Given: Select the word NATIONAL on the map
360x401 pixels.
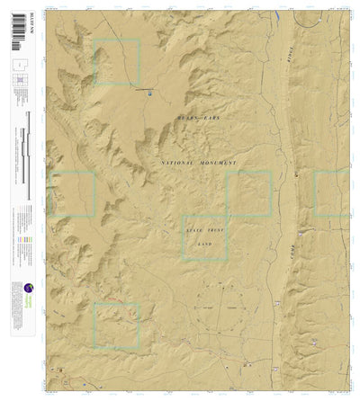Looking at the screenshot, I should click(182, 163).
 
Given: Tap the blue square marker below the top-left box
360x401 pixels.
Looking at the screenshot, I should click(148, 92).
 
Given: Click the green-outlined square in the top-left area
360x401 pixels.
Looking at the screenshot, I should click(118, 62).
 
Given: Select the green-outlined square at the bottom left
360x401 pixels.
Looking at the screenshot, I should click(117, 325).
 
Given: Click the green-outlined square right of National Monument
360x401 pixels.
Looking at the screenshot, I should click(249, 192).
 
